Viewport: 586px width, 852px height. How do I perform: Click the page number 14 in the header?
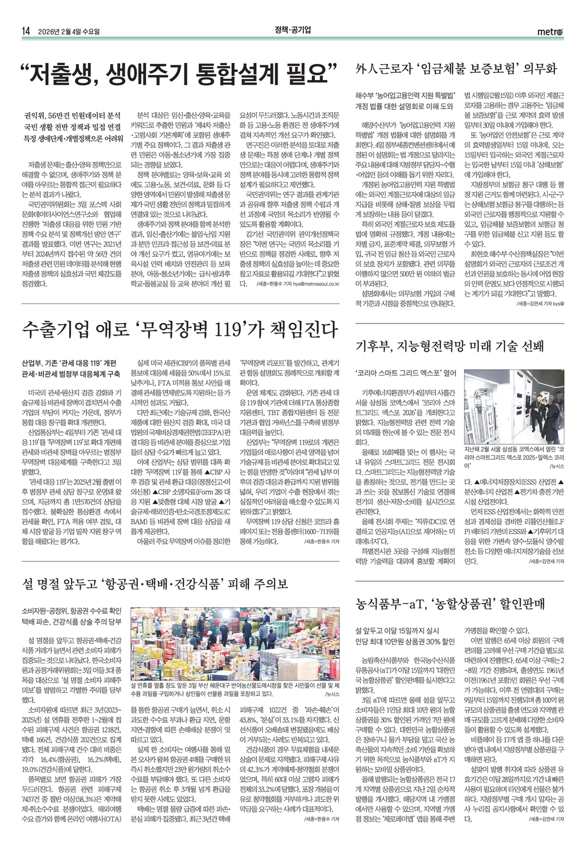click(x=25, y=31)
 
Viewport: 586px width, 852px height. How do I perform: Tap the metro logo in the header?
click(x=551, y=31)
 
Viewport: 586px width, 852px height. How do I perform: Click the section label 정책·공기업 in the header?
click(x=292, y=30)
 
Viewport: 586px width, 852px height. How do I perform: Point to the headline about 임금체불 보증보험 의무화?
click(x=456, y=70)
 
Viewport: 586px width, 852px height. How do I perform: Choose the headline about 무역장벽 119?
click(x=180, y=330)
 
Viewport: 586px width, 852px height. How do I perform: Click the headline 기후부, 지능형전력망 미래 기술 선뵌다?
click(x=450, y=347)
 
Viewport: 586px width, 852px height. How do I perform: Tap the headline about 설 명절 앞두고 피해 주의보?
click(x=155, y=583)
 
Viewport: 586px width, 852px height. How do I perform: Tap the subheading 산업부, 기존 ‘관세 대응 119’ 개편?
click(x=69, y=363)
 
